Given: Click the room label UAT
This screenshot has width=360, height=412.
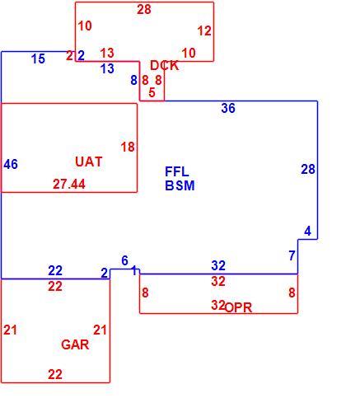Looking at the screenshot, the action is coord(89,162).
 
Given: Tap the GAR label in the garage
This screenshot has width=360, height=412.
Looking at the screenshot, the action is coord(75,344).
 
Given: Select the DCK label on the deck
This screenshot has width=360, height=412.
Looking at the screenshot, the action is coord(165,66).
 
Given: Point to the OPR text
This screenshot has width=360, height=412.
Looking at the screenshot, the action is coord(238,307).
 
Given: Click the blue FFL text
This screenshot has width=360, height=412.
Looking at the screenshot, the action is coord(177,172).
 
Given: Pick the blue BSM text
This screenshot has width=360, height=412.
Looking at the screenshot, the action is coord(180,185).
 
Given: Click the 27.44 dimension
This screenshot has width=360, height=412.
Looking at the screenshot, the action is coord(69,184).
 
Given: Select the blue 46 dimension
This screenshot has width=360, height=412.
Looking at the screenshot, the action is coord(11,164).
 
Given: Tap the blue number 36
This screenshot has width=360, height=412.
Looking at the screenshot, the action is coord(228,108).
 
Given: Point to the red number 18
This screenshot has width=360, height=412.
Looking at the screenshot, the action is coord(128,147).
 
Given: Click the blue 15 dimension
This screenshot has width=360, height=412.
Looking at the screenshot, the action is coord(38,59).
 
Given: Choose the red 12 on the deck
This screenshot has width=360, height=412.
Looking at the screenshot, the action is coord(204,30).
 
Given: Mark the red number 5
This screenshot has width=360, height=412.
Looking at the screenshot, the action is coord(152,92).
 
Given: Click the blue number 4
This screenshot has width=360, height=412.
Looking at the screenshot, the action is coord(307,231).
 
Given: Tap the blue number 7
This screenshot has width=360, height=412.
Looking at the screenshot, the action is coord(292,255).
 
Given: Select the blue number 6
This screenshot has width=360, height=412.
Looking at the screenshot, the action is coord(124,260).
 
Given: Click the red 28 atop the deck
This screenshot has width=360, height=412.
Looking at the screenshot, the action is coord(144,10).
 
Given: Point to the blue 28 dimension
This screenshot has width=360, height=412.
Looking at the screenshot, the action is coord(308,169).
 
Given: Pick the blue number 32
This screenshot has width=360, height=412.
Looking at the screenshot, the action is coord(218,265).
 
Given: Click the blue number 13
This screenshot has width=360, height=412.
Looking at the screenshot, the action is coord(107,68).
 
